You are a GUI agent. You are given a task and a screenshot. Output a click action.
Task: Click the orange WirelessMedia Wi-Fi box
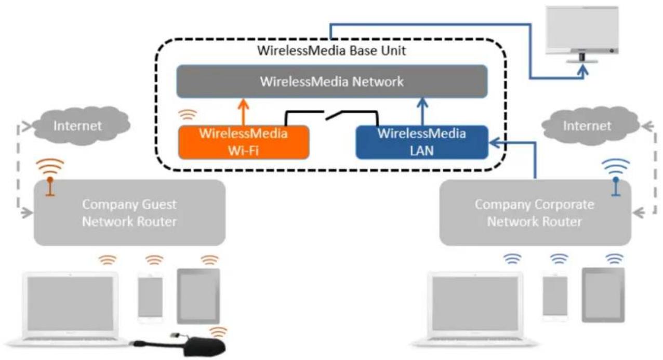click(244, 142)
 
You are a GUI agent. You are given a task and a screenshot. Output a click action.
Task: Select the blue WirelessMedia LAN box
click(422, 142)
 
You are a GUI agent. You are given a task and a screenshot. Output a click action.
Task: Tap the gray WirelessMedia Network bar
click(332, 82)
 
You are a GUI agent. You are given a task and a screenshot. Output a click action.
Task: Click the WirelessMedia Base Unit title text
click(331, 50)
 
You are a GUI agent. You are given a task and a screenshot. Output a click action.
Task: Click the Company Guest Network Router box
click(129, 212)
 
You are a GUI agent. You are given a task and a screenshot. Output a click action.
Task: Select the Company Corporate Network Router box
click(535, 212)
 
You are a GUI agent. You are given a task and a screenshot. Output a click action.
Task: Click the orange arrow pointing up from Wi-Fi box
click(243, 112)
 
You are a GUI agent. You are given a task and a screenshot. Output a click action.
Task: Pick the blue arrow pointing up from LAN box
click(422, 112)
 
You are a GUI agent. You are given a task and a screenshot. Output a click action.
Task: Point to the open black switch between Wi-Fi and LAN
click(331, 115)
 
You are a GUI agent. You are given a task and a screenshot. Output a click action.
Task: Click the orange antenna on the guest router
click(50, 186)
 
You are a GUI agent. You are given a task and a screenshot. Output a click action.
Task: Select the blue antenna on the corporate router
click(616, 186)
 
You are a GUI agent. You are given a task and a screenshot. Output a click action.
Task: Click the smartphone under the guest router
click(150, 298)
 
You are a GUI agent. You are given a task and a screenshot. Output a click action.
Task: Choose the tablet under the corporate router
click(603, 295)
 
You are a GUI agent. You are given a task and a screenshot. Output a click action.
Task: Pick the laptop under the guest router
click(71, 309)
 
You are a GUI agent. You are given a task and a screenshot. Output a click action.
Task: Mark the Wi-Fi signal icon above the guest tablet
click(209, 260)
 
